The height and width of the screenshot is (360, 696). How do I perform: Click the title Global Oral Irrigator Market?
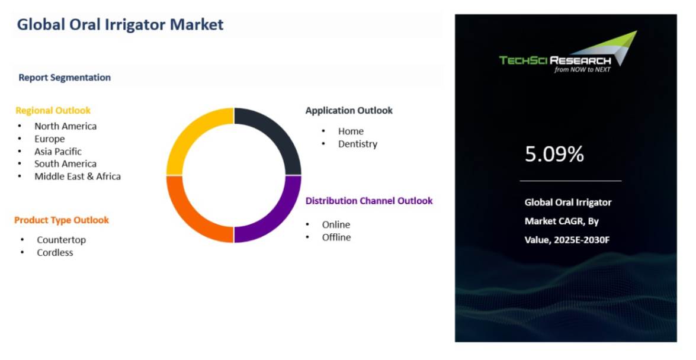pyautogui.click(x=120, y=25)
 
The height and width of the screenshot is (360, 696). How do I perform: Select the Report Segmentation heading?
pyautogui.click(x=65, y=78)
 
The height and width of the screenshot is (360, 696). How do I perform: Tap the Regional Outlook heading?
pyautogui.click(x=53, y=111)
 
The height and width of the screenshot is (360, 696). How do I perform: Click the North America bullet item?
pyautogui.click(x=65, y=126)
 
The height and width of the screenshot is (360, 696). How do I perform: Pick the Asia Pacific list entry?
pyautogui.click(x=58, y=152)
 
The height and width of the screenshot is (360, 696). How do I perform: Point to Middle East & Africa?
pyautogui.click(x=78, y=176)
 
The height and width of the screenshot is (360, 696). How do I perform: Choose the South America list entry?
pyautogui.click(x=65, y=164)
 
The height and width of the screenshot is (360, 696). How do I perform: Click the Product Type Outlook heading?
pyautogui.click(x=62, y=220)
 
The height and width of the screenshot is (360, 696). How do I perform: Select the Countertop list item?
pyautogui.click(x=61, y=240)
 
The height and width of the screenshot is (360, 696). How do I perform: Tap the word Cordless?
pyautogui.click(x=55, y=253)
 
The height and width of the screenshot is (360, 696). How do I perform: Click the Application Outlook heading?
pyautogui.click(x=349, y=111)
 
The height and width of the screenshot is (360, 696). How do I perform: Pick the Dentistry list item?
pyautogui.click(x=358, y=144)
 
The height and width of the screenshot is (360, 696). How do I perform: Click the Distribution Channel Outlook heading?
pyautogui.click(x=369, y=201)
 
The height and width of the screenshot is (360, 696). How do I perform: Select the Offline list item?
pyautogui.click(x=336, y=237)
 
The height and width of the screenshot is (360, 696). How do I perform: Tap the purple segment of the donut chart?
pyautogui.click(x=278, y=219)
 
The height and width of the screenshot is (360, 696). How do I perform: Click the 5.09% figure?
pyautogui.click(x=554, y=155)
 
